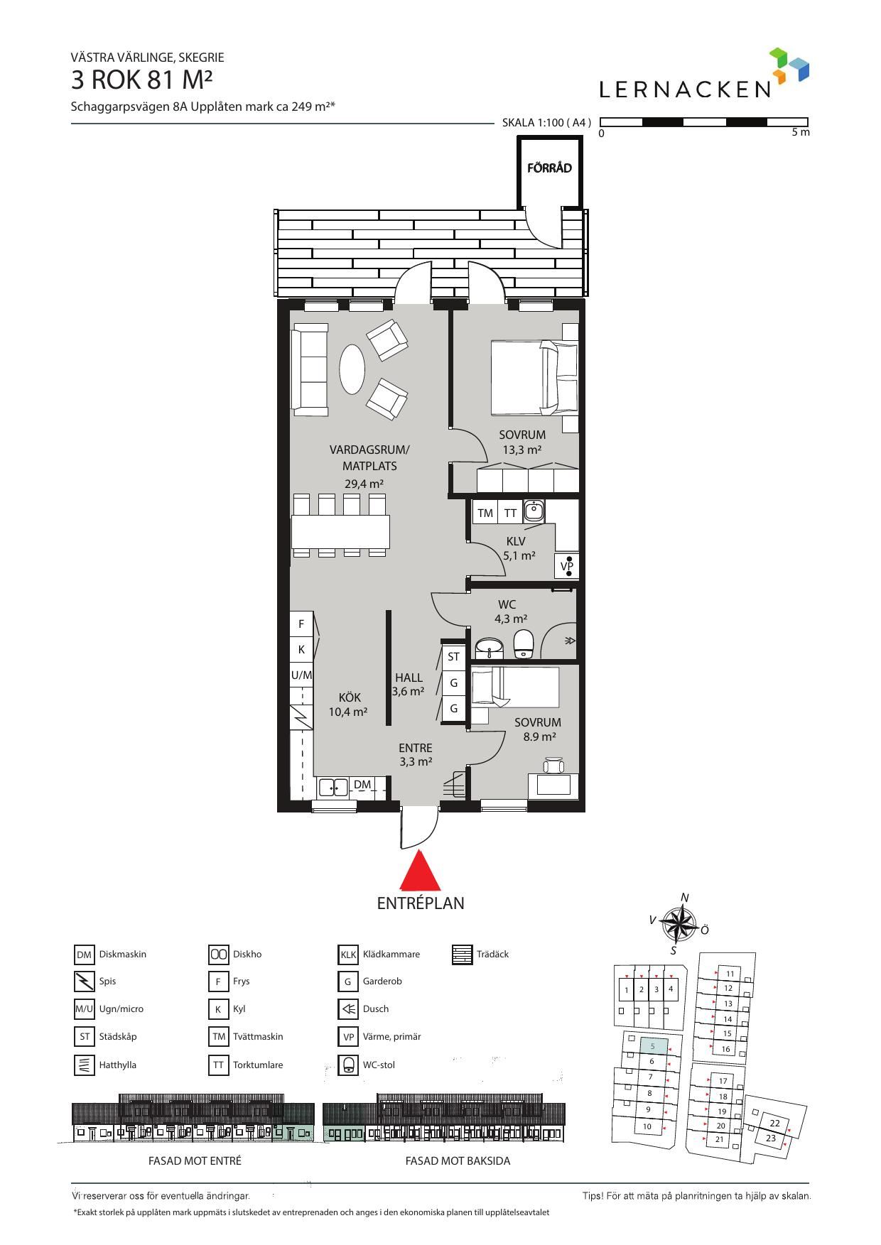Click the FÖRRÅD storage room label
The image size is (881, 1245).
(549, 168)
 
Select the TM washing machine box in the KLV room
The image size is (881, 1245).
(485, 513)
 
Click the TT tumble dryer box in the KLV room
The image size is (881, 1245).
(510, 513)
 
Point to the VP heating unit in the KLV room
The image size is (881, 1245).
(566, 566)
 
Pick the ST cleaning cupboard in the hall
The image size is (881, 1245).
(453, 657)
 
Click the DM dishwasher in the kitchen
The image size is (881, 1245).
(362, 785)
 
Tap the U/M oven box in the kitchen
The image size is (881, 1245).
(301, 675)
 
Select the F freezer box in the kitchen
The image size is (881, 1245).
(301, 624)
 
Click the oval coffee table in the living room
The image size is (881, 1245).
(352, 369)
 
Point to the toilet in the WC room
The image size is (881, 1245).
(524, 643)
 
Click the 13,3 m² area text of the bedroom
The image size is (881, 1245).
(522, 450)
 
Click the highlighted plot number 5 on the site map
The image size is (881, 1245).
(652, 1046)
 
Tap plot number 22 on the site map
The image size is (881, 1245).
(774, 1123)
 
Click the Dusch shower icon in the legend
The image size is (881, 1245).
(348, 1008)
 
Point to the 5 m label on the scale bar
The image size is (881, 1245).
(800, 132)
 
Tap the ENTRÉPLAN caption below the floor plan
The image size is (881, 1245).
(420, 903)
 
